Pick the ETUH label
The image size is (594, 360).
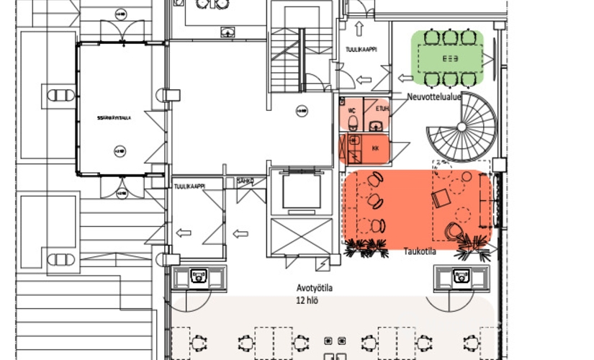(x=381, y=109)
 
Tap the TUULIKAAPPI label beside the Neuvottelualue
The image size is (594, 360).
(x=364, y=50)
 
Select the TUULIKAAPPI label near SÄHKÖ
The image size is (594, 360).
(x=190, y=186)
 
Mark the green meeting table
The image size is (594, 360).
(x=451, y=58)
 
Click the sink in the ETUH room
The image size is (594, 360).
(x=375, y=126)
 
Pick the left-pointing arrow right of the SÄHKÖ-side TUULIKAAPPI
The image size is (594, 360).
(x=240, y=233)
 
